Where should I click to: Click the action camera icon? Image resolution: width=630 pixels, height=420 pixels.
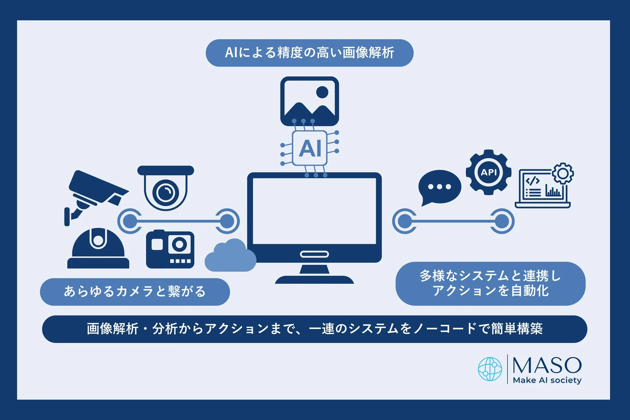(x=170, y=250)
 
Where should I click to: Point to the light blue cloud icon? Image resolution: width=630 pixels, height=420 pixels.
(x=230, y=257)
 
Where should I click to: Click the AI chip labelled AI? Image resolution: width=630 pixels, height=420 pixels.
(x=310, y=148)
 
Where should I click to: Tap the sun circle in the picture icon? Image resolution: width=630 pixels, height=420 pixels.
(x=322, y=92)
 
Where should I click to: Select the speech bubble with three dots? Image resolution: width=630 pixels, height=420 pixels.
(x=439, y=187)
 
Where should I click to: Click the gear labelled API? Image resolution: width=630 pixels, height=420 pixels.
(x=488, y=172)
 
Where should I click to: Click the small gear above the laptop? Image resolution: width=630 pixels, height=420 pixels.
(x=563, y=173)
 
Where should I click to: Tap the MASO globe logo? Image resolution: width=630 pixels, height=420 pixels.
(x=490, y=369)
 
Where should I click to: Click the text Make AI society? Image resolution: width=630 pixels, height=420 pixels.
(x=547, y=380)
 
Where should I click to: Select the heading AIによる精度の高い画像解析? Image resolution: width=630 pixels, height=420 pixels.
(x=310, y=53)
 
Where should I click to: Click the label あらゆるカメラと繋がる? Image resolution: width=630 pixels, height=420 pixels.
(x=135, y=291)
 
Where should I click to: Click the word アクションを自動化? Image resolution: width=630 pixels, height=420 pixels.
(x=490, y=290)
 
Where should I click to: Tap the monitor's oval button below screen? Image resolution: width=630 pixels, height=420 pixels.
(x=314, y=254)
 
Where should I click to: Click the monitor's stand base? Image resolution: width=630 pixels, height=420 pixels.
(x=314, y=280)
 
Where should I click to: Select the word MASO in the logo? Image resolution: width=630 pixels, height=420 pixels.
(x=547, y=365)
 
